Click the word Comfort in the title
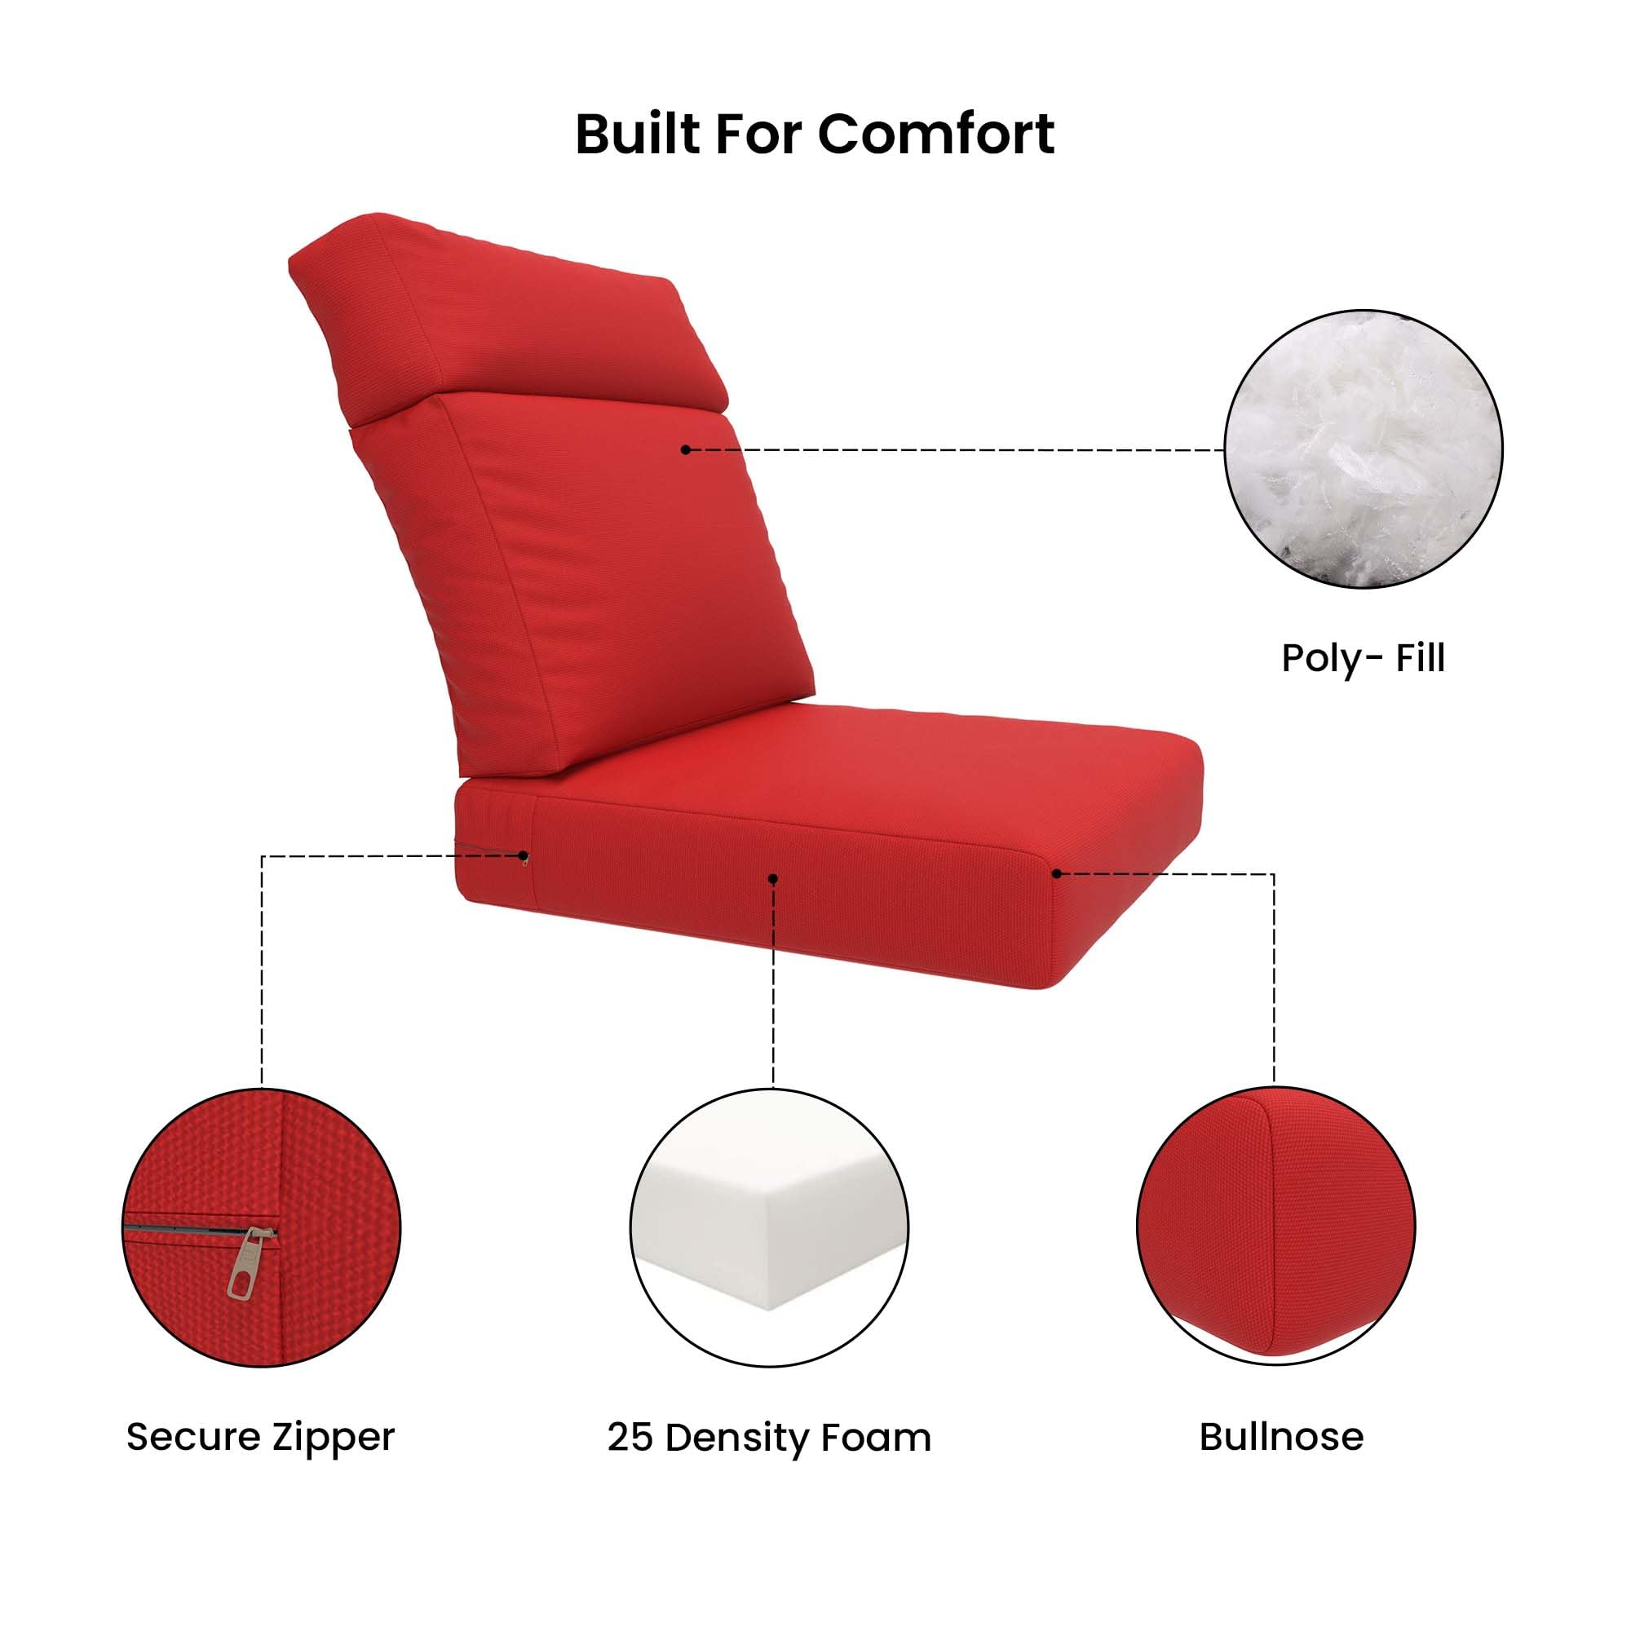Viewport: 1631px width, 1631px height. coord(936,135)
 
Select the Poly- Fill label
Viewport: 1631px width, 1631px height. coord(1363,657)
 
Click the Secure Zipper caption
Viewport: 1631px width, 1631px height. coord(260,1437)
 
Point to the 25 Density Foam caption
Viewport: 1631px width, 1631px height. coord(768,1437)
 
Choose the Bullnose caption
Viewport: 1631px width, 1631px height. coord(1280,1437)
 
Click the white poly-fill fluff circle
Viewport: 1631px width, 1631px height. coord(1363,449)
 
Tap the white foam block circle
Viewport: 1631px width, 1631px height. coord(768,1228)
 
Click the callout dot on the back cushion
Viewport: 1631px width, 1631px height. coord(686,450)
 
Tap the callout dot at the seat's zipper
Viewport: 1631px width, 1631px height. coord(524,856)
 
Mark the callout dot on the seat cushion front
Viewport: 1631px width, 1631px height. coord(772,879)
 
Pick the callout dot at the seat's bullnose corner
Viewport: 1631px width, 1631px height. coord(1056,873)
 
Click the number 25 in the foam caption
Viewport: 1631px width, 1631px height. coord(629,1437)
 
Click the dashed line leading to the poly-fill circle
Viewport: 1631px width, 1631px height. coord(954,450)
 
